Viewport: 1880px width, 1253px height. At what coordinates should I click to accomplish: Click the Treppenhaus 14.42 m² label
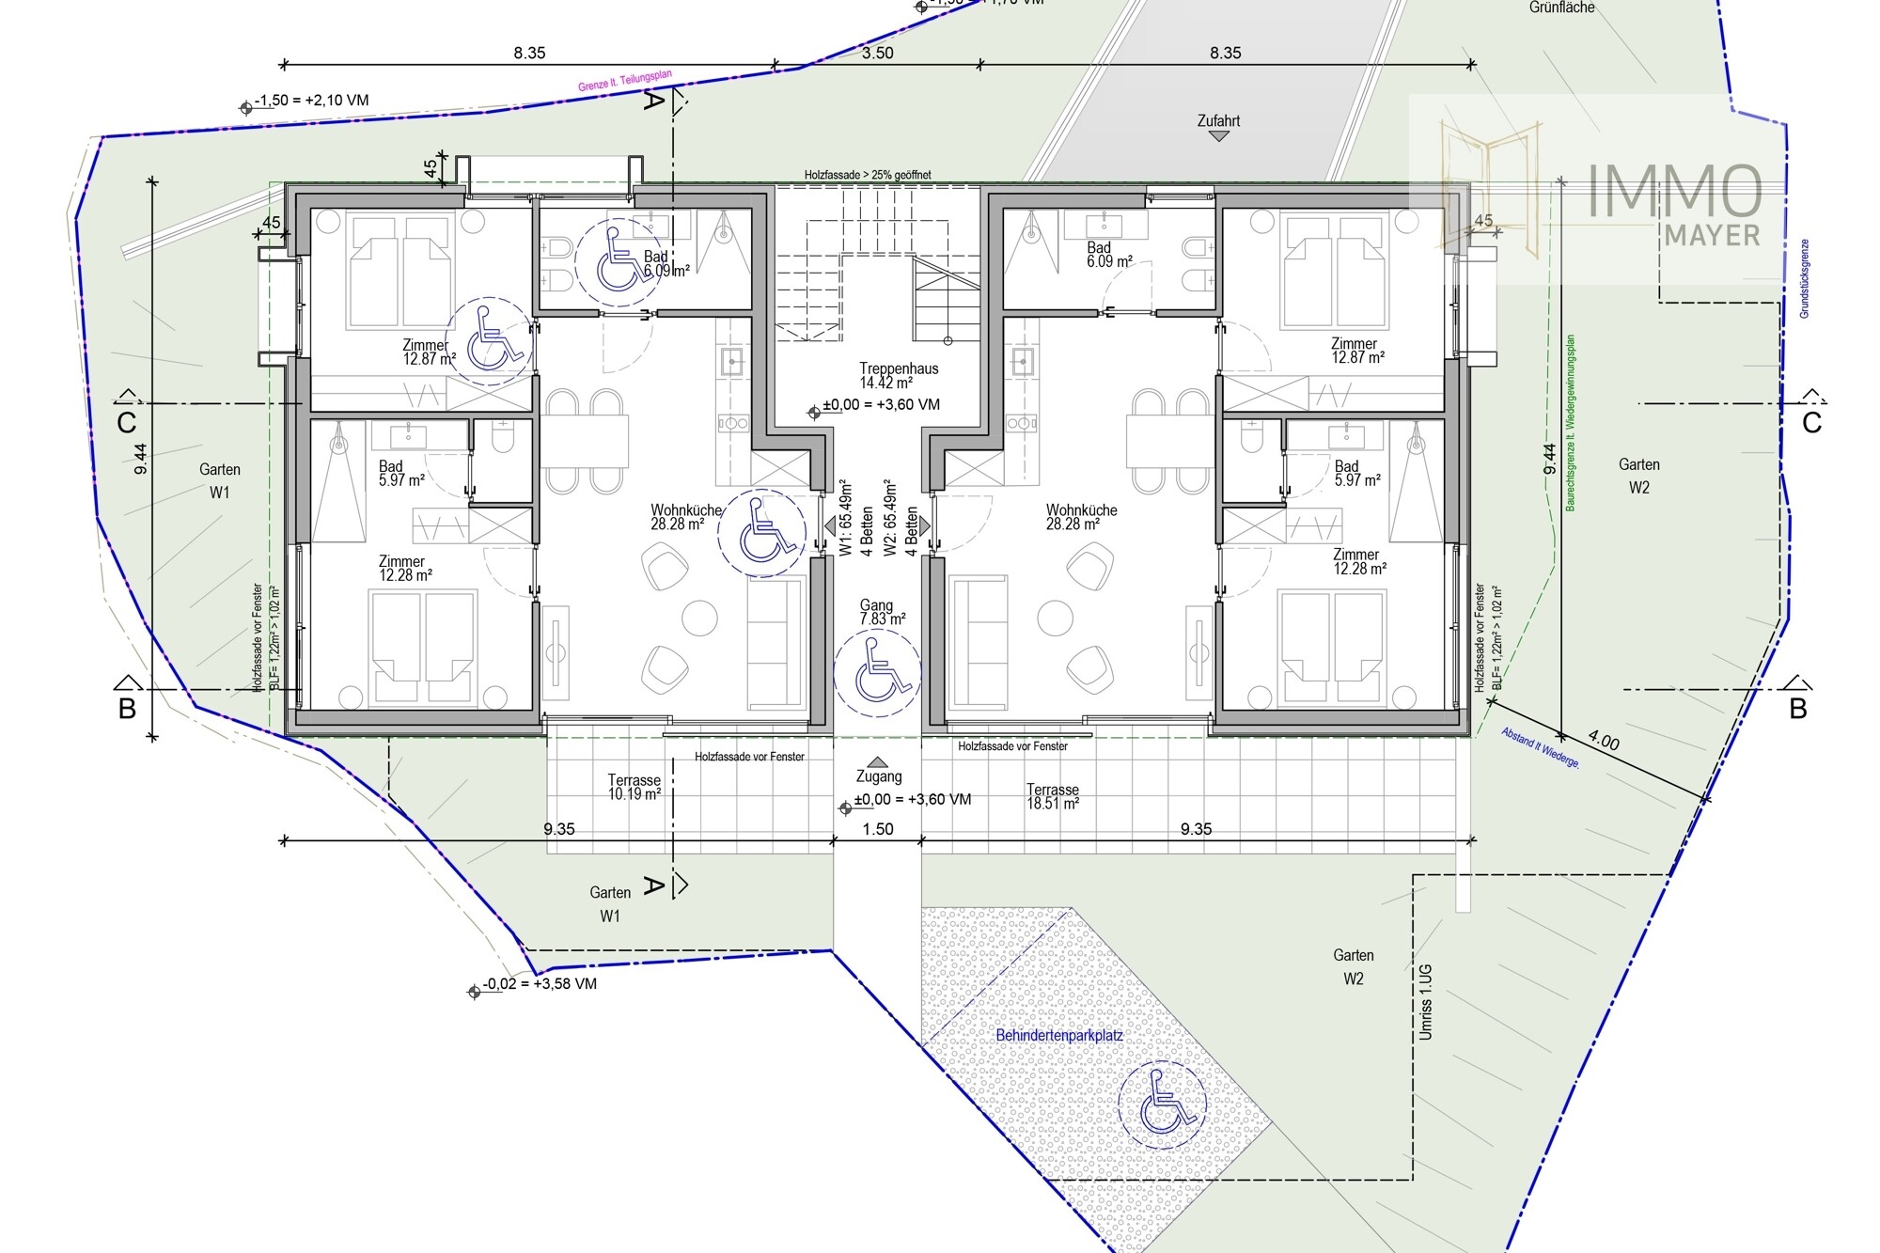(x=898, y=375)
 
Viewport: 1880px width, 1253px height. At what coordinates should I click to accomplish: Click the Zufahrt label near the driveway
(x=1218, y=121)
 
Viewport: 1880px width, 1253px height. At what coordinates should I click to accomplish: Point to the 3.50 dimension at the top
(x=877, y=53)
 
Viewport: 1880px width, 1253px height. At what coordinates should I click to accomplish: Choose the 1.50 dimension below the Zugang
(x=877, y=829)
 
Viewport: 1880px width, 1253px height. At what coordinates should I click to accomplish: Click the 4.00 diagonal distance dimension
(x=1604, y=742)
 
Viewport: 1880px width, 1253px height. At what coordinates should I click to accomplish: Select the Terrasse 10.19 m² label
(x=634, y=787)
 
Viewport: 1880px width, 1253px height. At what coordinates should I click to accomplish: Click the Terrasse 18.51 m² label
(x=1052, y=796)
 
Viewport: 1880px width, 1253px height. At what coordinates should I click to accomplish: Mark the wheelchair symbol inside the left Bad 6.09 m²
(x=618, y=258)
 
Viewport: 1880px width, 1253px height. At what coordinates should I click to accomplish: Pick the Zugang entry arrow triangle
(x=877, y=762)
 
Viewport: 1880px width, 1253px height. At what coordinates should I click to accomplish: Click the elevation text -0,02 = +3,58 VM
(x=540, y=984)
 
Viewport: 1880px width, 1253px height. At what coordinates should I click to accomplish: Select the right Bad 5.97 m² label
(x=1356, y=473)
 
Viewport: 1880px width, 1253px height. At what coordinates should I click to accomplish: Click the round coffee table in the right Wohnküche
(x=1055, y=619)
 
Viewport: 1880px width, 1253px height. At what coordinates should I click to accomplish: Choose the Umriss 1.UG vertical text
(x=1426, y=1001)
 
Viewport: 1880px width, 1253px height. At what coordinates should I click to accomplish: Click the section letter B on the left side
(x=127, y=709)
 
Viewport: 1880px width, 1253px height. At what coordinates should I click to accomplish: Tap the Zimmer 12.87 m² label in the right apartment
(x=1356, y=351)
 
